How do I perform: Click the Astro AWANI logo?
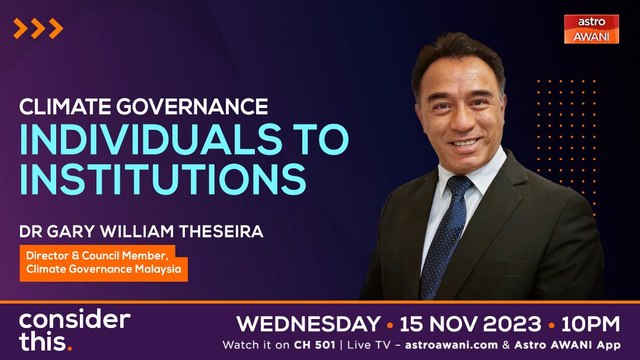tap(592, 29)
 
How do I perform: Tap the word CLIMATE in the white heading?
tap(65, 105)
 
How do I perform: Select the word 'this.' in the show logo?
tap(45, 343)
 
